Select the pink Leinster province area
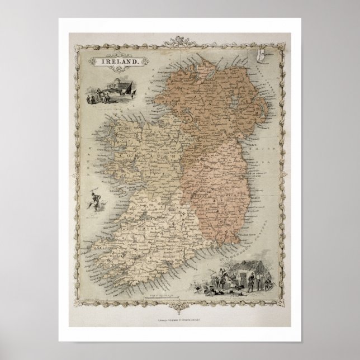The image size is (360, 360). coord(224,179)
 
